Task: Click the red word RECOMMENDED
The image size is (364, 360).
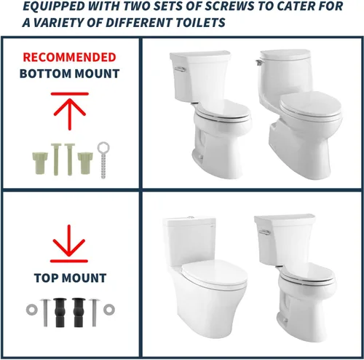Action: click(69, 58)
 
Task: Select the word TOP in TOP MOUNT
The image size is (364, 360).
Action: click(46, 278)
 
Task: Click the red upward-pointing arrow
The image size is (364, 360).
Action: click(70, 111)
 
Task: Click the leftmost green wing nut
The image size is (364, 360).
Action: click(40, 163)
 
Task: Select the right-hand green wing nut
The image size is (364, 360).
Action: click(85, 163)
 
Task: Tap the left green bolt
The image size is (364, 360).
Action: click(56, 159)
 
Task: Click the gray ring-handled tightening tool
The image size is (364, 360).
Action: click(103, 160)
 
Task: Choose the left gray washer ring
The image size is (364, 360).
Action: click(32, 310)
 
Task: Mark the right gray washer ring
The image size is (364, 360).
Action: click(109, 310)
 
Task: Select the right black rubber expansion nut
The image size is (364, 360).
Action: click(79, 312)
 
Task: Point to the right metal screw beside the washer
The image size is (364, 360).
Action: click(95, 313)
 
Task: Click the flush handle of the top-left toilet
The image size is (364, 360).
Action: click(180, 69)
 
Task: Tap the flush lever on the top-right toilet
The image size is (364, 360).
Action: click(258, 62)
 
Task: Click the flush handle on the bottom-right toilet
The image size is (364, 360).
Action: click(264, 232)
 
